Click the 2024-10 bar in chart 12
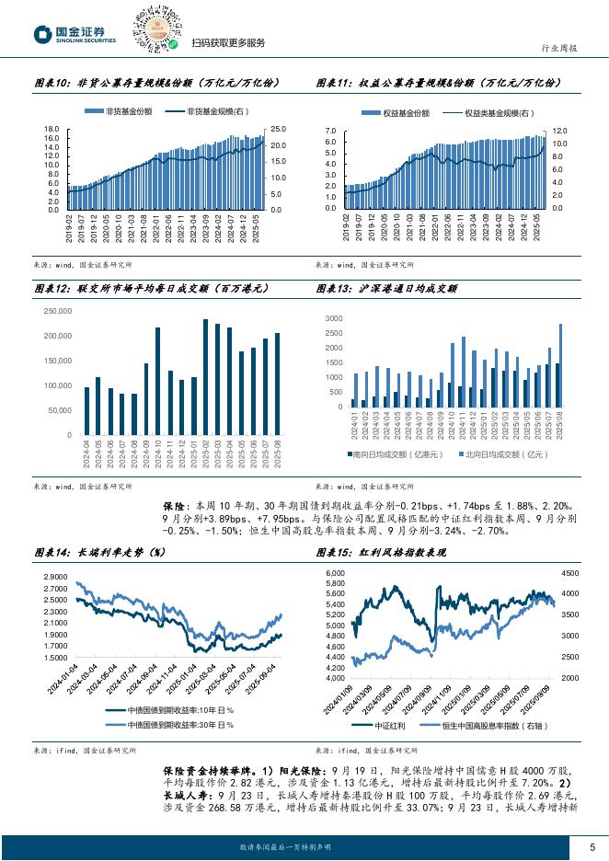(x=157, y=381)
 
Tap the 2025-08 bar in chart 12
(x=277, y=384)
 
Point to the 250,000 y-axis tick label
(x=57, y=311)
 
